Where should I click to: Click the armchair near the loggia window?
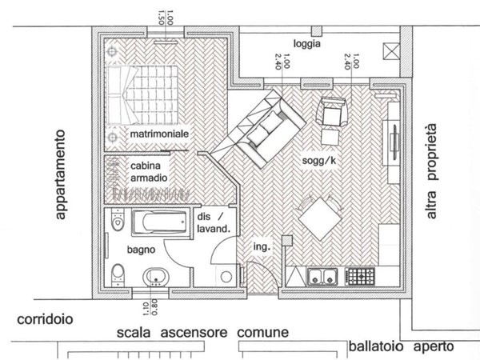coord(332,111)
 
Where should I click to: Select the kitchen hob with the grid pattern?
coord(360,278)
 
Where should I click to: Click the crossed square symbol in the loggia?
coord(390,53)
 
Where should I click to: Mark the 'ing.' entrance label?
coord(262,247)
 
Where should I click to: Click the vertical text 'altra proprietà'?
coord(433,171)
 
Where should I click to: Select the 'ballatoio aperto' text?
coord(401,347)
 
